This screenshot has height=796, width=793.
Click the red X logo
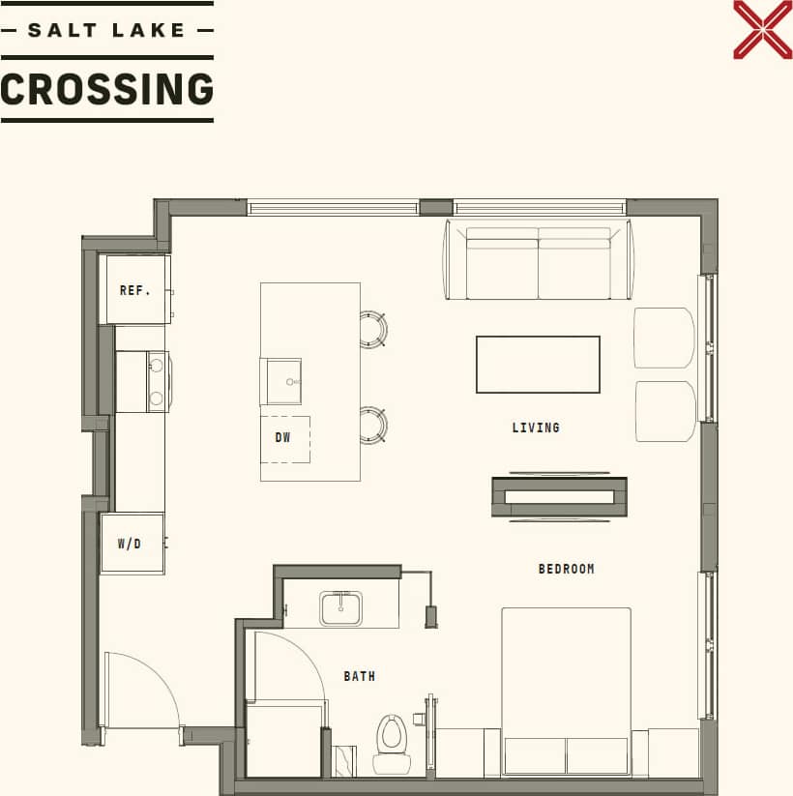coord(762,29)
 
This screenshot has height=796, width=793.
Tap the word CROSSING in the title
coord(106,90)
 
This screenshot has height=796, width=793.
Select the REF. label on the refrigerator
coord(134,290)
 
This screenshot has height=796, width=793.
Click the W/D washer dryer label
coord(130,544)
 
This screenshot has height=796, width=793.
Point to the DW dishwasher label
coord(282,438)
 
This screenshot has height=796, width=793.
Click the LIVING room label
coord(536,427)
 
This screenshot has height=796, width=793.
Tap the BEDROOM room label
coord(566,569)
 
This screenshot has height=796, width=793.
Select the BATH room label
coord(359,676)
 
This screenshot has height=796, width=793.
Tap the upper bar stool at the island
coord(372,329)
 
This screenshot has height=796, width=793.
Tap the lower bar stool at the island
coord(372,425)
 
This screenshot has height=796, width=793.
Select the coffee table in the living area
coord(538,365)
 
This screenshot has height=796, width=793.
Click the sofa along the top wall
coord(539,261)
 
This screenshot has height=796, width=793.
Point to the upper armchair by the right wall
coord(664,338)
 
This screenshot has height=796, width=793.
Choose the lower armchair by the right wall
coord(664,411)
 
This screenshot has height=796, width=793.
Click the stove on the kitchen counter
coord(142,381)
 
